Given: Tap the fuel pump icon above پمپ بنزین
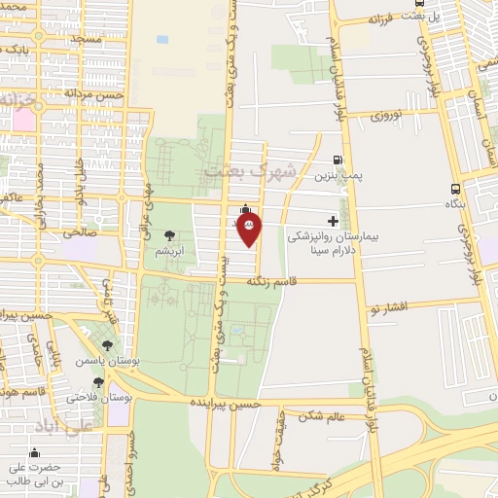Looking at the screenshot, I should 338,160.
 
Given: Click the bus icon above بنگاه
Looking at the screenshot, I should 455,190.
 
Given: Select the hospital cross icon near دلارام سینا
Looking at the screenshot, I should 334,221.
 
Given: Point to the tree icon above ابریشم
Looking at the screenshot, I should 170,234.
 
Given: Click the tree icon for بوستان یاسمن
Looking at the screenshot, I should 107,345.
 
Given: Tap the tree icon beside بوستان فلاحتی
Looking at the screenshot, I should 98,383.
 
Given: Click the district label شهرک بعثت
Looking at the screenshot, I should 237,172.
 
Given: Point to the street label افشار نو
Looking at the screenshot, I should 385,306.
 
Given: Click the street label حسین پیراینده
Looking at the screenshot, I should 226,401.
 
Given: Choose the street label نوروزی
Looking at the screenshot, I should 392,114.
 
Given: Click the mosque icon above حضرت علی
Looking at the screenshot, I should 35,452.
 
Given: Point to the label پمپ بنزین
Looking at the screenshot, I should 333,177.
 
